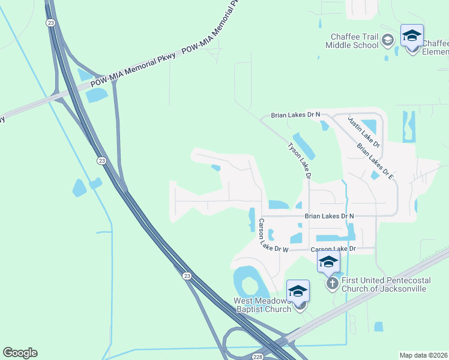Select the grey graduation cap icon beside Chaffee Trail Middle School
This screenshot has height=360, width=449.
click(x=388, y=40)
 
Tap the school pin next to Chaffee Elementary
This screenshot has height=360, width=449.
click(x=412, y=37)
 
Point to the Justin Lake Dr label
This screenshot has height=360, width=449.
click(x=364, y=131)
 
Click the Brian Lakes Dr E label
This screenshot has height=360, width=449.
click(x=375, y=161)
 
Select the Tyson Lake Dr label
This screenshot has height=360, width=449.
click(x=298, y=160)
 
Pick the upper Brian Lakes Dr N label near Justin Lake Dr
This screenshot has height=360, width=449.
click(x=295, y=114)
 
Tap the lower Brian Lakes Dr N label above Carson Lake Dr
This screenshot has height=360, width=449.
click(x=329, y=215)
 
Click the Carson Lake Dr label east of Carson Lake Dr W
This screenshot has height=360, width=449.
click(x=333, y=248)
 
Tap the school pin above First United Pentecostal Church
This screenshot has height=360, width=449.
click(x=328, y=262)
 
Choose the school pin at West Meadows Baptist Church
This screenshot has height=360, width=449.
click(x=298, y=292)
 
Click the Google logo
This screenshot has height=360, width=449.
click(x=20, y=353)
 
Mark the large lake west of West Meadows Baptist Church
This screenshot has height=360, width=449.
click(x=247, y=281)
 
